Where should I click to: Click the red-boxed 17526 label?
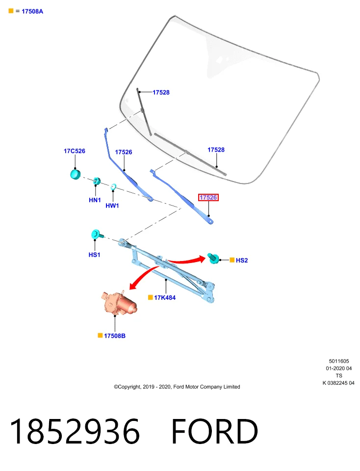tap(208, 197)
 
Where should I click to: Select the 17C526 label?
tap(75, 151)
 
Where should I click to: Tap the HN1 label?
tap(95, 200)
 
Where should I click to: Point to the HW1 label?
tap(112, 206)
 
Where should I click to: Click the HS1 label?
tap(94, 255)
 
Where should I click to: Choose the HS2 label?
tap(242, 260)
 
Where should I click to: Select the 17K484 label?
tap(165, 297)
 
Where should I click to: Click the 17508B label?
tap(115, 336)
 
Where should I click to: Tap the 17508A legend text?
tap(32, 11)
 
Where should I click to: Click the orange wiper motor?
tap(119, 303)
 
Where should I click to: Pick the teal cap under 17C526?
tap(76, 174)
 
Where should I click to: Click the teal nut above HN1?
tap(97, 181)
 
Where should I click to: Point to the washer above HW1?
tap(113, 187)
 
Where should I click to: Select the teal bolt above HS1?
tap(97, 235)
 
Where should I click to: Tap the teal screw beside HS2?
tap(213, 259)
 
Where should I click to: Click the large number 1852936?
tap(75, 431)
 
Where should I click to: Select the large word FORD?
tap(215, 431)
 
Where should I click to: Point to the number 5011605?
tap(339, 361)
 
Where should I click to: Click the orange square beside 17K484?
tap(151, 297)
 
